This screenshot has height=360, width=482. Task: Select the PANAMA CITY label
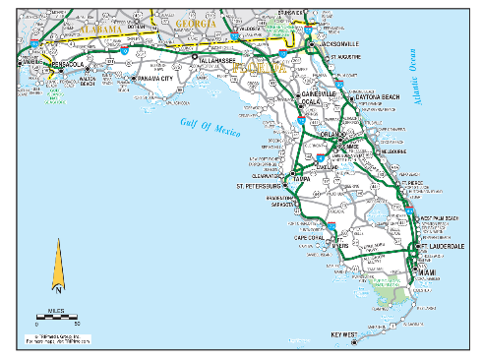point(155,77)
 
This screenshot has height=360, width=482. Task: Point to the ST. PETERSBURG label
point(259,184)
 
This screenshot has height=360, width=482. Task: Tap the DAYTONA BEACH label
point(379,97)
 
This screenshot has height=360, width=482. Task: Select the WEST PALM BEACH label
point(439,217)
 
